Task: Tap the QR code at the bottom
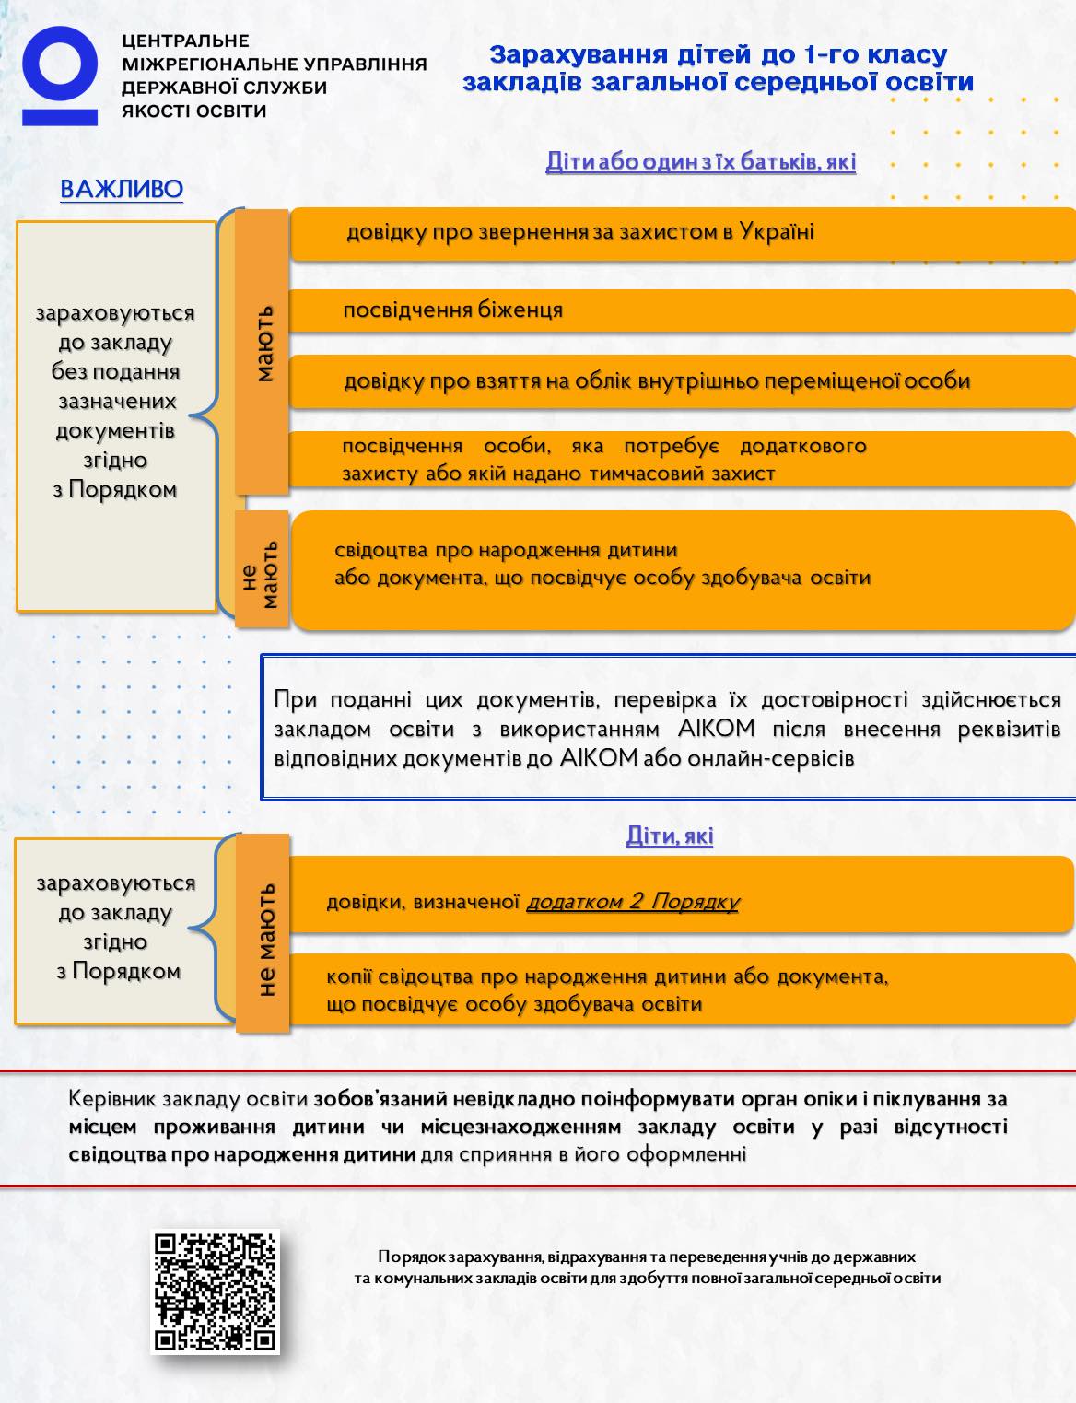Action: pyautogui.click(x=215, y=1292)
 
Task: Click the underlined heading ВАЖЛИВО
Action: pyautogui.click(x=122, y=190)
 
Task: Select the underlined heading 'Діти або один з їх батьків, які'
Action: pyautogui.click(x=700, y=162)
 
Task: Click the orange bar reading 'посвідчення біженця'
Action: pyautogui.click(x=682, y=310)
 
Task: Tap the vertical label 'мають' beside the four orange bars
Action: pyautogui.click(x=263, y=343)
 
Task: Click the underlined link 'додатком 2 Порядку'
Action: pyautogui.click(x=632, y=902)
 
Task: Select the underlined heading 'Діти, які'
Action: pyautogui.click(x=670, y=836)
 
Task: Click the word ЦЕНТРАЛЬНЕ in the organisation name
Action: pyautogui.click(x=185, y=41)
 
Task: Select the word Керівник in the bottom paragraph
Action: pyautogui.click(x=108, y=1099)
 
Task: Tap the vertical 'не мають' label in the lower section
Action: pyautogui.click(x=263, y=940)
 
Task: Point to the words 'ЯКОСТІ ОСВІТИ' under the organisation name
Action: pyautogui.click(x=194, y=111)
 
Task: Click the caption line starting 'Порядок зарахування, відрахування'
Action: pyautogui.click(x=647, y=1257)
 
